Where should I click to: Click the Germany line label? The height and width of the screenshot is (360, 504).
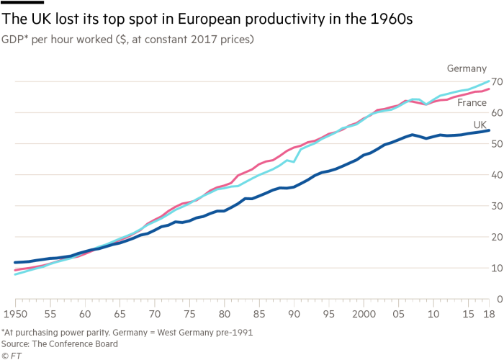click(467, 69)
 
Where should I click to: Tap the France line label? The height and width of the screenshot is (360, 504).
click(473, 103)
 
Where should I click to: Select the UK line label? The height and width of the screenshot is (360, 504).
click(481, 125)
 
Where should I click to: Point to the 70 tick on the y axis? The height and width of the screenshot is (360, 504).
click(495, 82)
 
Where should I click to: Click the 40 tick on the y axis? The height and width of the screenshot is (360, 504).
click(495, 175)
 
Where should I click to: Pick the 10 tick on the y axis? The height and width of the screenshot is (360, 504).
click(495, 268)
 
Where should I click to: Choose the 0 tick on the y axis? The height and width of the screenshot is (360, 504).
click(498, 299)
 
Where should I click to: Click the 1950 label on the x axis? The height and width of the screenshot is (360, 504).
click(15, 315)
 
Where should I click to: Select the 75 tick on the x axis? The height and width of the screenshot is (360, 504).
click(189, 315)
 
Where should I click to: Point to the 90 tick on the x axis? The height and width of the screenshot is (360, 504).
click(294, 315)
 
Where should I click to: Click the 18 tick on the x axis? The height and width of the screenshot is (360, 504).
click(489, 315)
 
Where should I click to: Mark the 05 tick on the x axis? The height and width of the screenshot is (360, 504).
click(398, 315)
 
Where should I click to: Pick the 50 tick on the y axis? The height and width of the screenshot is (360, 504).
click(495, 144)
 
